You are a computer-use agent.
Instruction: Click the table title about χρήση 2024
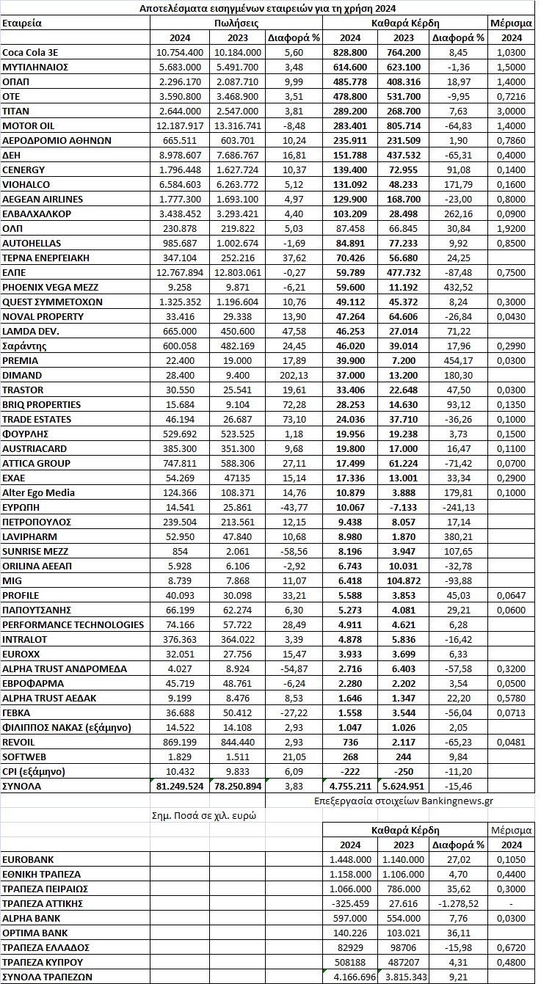pos(268,9)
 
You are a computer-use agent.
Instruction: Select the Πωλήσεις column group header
pos(235,23)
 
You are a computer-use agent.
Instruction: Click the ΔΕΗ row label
pos(12,156)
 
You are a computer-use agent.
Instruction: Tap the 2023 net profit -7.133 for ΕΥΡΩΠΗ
pos(403,508)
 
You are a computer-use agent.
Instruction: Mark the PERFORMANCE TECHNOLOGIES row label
pos(73,625)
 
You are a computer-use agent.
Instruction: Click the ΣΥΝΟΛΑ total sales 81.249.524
pos(179,787)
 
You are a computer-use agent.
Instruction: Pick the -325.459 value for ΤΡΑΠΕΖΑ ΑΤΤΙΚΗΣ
pos(349,903)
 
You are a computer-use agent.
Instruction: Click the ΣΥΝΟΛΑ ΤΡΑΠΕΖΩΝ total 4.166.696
pos(349,977)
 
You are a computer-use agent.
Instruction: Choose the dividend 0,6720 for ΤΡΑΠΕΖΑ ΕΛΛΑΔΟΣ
pos(512,947)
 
